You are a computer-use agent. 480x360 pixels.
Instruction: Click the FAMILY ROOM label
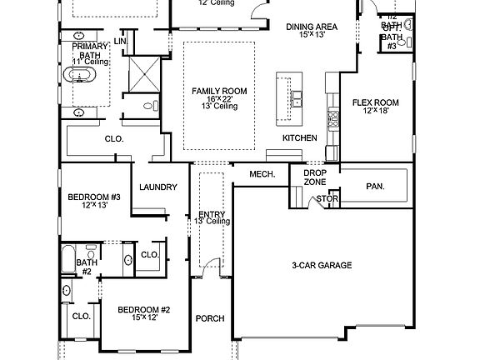click(217, 90)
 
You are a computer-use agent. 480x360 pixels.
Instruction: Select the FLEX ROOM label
click(376, 103)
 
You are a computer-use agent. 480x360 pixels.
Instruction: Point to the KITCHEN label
click(299, 137)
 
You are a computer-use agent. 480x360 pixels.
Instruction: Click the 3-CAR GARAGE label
click(322, 266)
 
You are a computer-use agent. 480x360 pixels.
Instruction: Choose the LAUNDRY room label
click(158, 187)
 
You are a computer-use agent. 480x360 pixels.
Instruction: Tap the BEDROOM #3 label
click(94, 197)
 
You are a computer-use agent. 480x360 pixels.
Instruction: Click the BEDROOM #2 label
click(143, 310)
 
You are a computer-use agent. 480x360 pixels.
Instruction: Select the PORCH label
click(210, 318)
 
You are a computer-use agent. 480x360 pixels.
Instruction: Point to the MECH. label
click(262, 174)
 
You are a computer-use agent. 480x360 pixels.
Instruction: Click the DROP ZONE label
click(315, 177)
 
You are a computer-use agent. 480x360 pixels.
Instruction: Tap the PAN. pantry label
click(375, 187)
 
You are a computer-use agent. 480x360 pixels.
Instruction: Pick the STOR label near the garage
click(327, 199)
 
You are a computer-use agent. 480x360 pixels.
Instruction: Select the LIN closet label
click(122, 41)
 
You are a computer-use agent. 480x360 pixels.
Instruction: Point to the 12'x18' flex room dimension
click(376, 112)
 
